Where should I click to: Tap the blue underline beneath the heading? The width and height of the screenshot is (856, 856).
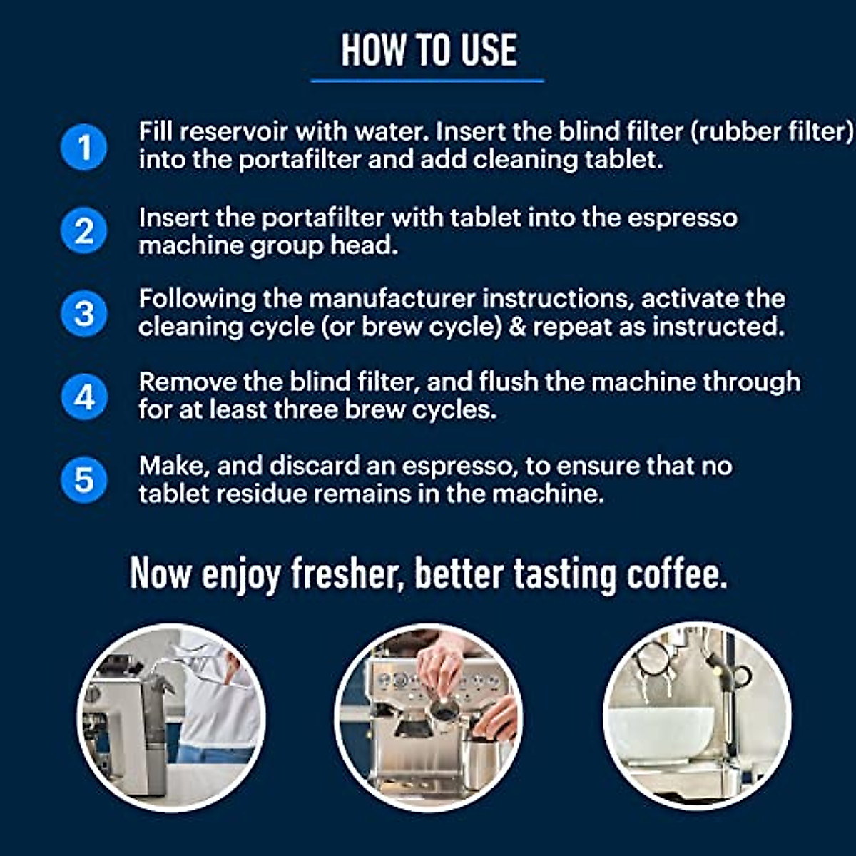pos(427,81)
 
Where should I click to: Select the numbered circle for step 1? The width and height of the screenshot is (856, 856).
pos(84,147)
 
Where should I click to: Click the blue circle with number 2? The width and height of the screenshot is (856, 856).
pos(84,231)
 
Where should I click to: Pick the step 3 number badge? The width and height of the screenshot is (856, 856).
pos(84,314)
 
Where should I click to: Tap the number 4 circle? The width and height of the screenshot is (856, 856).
pos(84,397)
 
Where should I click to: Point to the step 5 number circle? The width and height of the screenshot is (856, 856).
pos(84,479)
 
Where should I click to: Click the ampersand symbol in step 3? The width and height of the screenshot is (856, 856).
pos(517,327)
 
